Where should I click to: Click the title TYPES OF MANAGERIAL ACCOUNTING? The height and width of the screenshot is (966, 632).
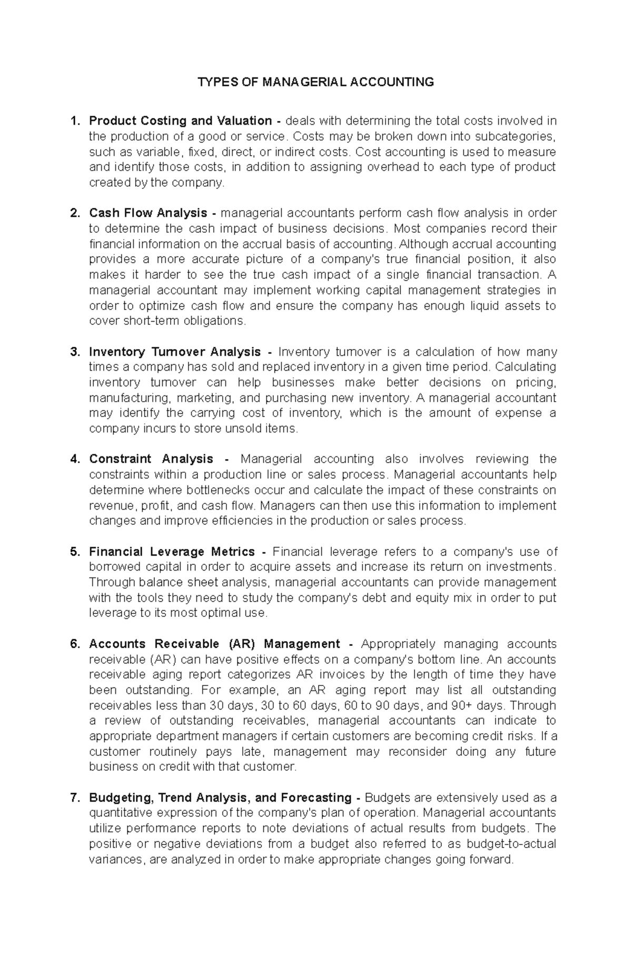tap(315, 82)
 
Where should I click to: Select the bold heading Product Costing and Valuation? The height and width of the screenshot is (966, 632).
tap(180, 121)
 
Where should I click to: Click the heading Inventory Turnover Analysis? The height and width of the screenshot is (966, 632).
tap(175, 352)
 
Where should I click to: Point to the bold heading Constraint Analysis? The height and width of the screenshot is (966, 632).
tap(151, 459)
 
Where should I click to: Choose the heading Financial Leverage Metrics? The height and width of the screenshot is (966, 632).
tap(172, 552)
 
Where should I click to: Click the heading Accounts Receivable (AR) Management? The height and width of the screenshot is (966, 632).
tap(215, 644)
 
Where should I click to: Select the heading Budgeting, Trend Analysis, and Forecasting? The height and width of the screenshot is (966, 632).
tap(220, 798)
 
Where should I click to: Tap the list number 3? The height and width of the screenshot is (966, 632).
tap(75, 352)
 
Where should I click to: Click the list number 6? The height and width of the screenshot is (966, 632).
tap(75, 644)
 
